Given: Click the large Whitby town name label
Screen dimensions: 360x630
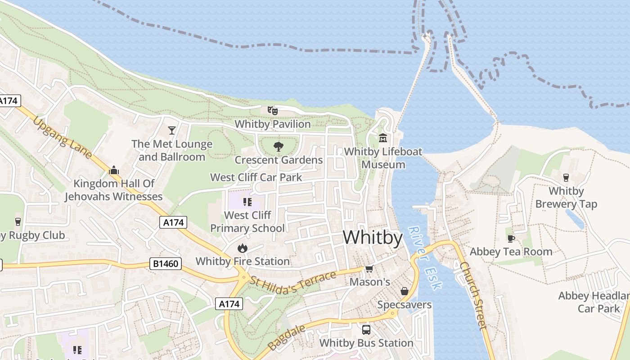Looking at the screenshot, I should pos(373,237).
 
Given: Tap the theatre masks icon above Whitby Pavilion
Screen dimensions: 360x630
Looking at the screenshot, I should pos(272,110).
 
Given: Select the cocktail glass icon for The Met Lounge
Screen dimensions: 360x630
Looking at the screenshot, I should pos(171,130).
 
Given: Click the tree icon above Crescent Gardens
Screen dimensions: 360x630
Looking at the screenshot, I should pos(279,146).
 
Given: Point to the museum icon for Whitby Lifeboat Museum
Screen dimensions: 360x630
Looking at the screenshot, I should pos(383,138).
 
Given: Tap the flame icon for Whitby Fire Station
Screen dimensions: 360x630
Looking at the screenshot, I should pos(243,247).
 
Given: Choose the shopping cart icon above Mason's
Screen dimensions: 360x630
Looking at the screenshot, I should pos(369,269).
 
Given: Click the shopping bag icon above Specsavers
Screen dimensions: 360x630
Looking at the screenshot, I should pos(404,291).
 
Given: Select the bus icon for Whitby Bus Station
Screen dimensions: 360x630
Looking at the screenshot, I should pos(366,329).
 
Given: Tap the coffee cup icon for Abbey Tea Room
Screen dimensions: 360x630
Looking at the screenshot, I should pos(511,238).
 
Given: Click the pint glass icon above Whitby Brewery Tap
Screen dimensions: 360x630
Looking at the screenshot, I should pos(566,177).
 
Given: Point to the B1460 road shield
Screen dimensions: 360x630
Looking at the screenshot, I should pos(165,264).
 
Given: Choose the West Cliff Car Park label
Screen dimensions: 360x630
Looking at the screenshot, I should pos(256,177).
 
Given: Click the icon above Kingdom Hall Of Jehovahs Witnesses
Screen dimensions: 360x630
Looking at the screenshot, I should pos(113,170).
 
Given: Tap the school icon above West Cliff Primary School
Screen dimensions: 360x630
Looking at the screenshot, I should pos(247,202).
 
